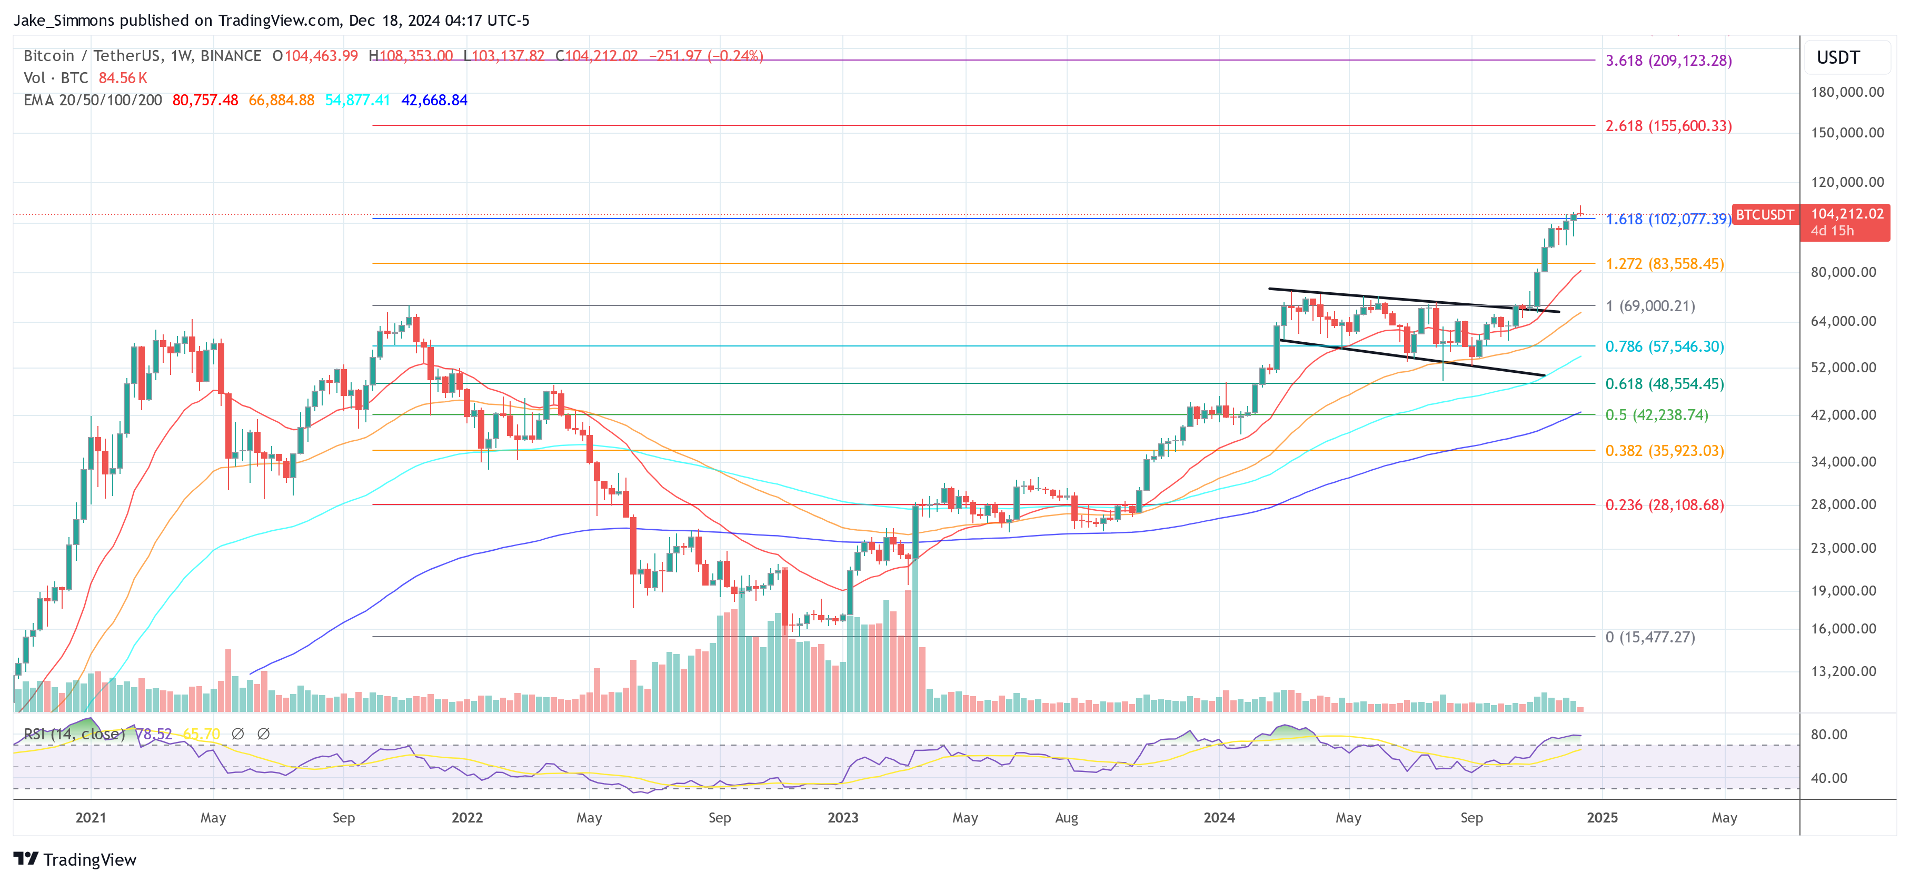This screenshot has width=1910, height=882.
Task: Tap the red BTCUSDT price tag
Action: (1765, 214)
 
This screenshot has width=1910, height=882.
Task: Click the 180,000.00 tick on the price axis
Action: (1847, 92)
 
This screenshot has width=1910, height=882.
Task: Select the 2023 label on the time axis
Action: (842, 817)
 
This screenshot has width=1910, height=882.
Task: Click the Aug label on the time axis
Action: (1066, 817)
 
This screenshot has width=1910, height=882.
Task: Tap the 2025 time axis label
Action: (1601, 817)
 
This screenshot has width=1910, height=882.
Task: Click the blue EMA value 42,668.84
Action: (434, 100)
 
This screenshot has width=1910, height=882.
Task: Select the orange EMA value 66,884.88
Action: (281, 100)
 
